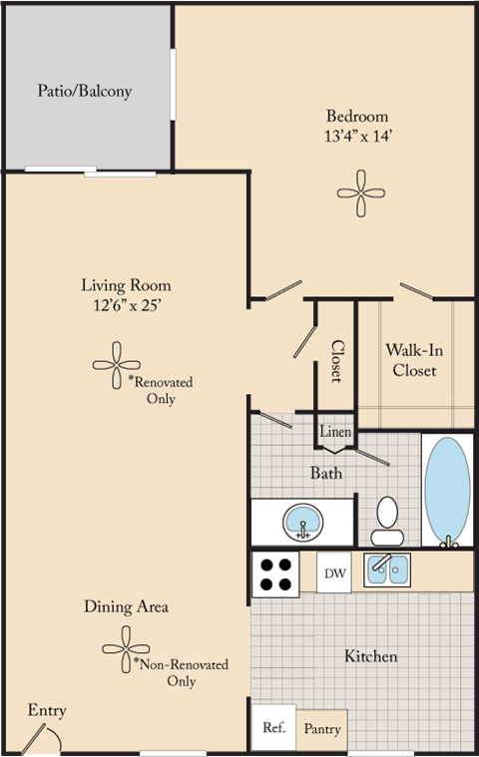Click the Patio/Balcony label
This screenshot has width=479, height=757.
85,91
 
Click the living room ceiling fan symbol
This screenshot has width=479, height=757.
116,364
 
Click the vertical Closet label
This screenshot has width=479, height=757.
336,361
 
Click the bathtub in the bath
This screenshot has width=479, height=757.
446,490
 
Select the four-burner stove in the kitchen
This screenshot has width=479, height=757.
275,573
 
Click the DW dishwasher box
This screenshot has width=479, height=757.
334,573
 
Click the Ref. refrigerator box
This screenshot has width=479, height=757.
273,728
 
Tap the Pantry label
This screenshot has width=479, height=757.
321,730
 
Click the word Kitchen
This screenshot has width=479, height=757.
371,656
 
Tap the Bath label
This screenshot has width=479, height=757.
326,472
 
